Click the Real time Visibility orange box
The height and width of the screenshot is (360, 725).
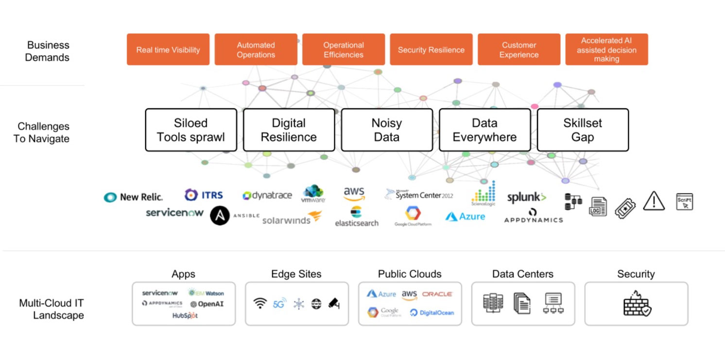point(168,50)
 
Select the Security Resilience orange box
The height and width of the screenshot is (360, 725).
point(431,50)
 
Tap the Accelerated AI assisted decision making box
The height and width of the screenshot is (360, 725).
point(606,50)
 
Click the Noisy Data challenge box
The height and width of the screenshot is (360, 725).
point(387,130)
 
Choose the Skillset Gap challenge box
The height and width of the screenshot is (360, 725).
point(583,130)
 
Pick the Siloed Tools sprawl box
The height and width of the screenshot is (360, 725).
point(191,130)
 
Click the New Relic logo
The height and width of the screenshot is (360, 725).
point(134,197)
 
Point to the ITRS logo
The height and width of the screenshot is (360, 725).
point(204,195)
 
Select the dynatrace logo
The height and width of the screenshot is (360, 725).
point(267,195)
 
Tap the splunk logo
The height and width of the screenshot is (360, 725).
point(527,197)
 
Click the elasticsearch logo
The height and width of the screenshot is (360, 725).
point(356,217)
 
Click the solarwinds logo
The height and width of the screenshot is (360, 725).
point(292,219)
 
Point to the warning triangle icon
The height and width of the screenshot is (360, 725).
point(654,200)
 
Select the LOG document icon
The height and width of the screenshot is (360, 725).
point(598,206)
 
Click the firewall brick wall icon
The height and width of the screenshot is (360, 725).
point(637,304)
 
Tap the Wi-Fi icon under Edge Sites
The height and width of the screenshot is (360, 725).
point(260,304)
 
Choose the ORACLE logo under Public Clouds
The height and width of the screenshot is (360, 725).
point(437,294)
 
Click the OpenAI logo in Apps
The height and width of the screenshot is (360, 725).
point(207,304)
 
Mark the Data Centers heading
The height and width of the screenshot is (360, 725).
point(523,274)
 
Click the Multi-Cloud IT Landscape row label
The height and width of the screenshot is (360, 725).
point(52,309)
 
